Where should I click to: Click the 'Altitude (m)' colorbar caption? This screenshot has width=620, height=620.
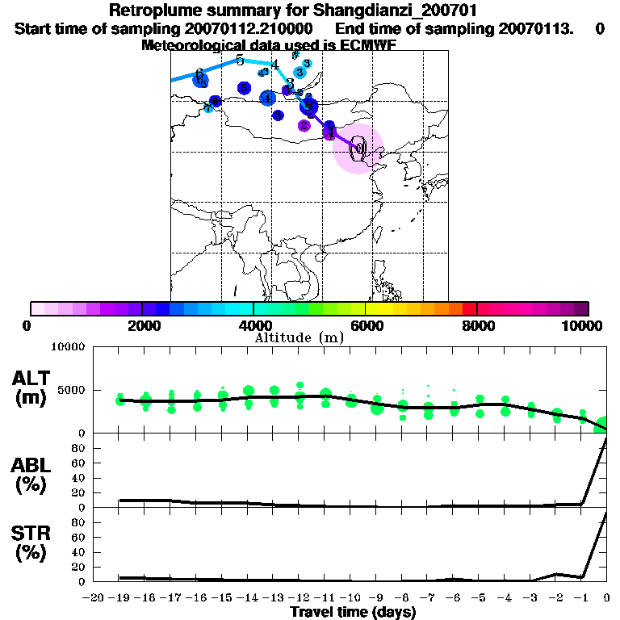coord(299,337)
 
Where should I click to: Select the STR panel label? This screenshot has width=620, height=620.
coord(31,543)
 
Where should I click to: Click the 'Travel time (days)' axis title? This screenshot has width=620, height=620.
coord(353,613)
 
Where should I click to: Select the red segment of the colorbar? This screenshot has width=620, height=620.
coord(469,308)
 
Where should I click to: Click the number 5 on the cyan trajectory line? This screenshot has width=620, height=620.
coord(240,60)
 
